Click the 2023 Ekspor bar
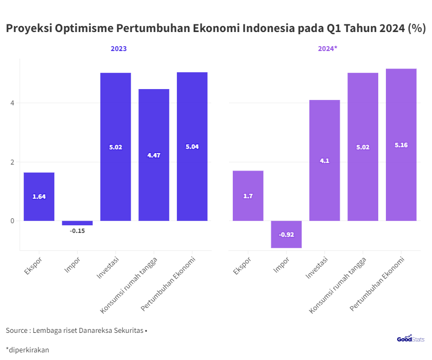click(39, 196)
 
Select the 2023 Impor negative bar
click(77, 223)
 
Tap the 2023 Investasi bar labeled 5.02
click(116, 147)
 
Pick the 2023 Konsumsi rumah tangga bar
click(154, 155)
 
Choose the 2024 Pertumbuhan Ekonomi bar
click(401, 144)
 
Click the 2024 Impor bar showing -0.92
click(286, 234)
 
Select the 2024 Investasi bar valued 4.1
click(325, 160)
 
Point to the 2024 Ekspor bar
click(248, 195)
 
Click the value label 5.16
click(401, 145)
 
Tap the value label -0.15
click(77, 231)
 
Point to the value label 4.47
click(154, 155)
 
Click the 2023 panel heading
click(119, 49)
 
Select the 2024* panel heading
click(327, 49)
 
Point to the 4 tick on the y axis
click(12, 103)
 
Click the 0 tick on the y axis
click(12, 221)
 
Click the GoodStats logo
click(410, 339)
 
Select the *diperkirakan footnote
click(28, 350)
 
